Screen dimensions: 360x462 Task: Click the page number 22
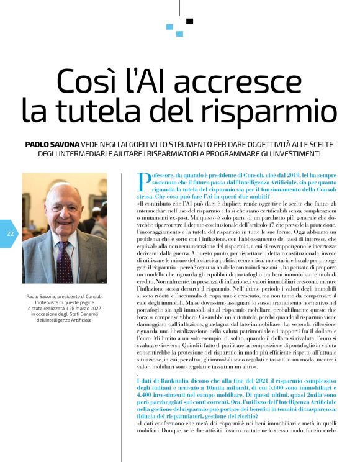click(x=11, y=234)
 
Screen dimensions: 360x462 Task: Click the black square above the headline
click(x=189, y=21)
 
